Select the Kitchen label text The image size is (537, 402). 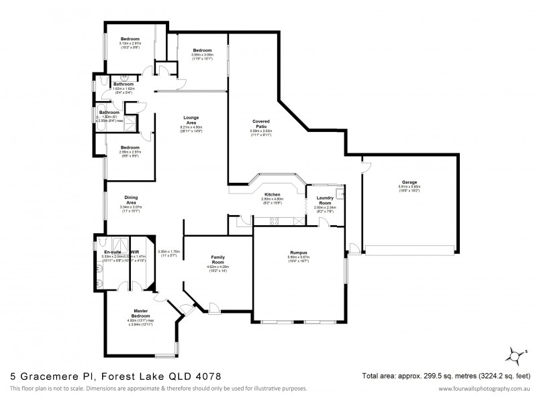click(x=273, y=194)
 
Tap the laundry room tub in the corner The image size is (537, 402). click(x=340, y=194)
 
